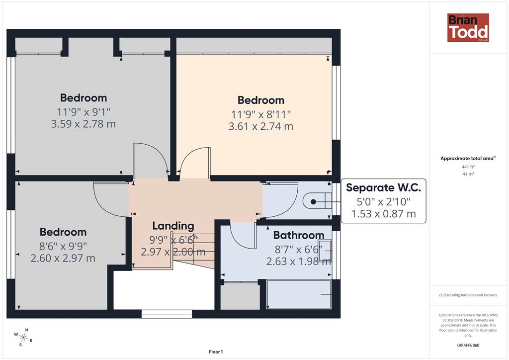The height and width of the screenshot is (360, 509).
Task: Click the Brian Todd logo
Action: point(468,27)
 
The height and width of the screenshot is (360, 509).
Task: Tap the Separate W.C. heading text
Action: point(383,187)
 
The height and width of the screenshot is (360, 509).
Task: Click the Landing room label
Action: point(173,226)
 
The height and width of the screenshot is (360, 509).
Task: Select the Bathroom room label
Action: point(299,235)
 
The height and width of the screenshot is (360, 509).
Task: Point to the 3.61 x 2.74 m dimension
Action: point(260,126)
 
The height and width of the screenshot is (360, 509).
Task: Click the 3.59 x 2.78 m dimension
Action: point(83,124)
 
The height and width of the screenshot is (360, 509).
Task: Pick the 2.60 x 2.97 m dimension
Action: point(63,259)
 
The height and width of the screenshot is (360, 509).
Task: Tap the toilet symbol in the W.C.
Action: point(317,201)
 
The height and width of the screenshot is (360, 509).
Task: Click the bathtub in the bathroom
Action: point(299,294)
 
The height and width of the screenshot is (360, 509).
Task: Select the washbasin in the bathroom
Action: point(325,251)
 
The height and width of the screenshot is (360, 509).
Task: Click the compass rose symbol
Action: point(23,337)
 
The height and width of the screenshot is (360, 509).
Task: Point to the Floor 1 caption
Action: point(216,352)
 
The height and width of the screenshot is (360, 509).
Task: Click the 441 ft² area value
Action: point(468,167)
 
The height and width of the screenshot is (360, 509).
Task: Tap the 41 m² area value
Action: point(468,174)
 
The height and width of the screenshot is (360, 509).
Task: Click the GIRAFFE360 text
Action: point(468,345)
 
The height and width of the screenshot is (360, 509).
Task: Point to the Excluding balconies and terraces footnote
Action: point(468,295)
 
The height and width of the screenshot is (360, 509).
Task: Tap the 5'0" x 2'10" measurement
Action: point(383,201)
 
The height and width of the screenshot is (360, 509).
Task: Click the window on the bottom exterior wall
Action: point(167,314)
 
